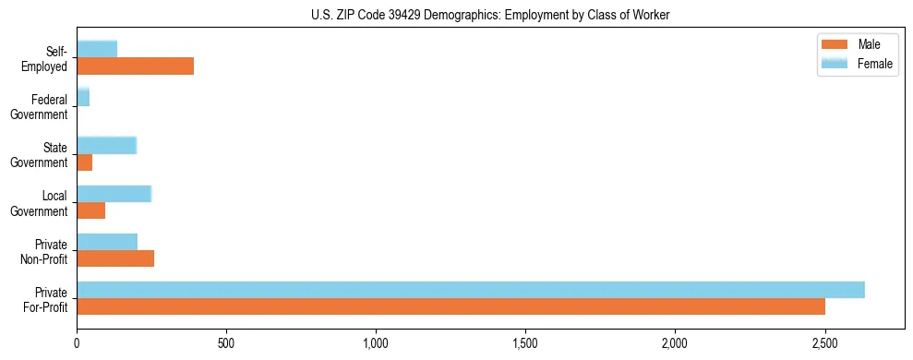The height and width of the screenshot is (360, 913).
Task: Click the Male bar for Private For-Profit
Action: point(450,306)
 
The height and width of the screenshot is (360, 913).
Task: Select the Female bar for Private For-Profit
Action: point(471,290)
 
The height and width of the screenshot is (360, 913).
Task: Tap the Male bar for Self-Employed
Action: point(136,66)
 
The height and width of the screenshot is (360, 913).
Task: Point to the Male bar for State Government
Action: point(85,162)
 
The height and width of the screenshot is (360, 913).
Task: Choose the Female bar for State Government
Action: point(107,146)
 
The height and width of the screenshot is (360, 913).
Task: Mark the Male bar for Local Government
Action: point(91,210)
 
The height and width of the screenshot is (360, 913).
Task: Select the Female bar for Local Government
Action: point(114,194)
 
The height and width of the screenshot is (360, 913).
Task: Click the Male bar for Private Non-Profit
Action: point(115,258)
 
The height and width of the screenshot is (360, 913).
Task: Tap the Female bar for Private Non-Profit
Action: point(107,242)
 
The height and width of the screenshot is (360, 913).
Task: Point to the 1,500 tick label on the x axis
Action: point(525,343)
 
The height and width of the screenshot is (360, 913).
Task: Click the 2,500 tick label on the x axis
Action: point(824,343)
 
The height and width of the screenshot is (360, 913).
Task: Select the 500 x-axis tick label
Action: point(226,343)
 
